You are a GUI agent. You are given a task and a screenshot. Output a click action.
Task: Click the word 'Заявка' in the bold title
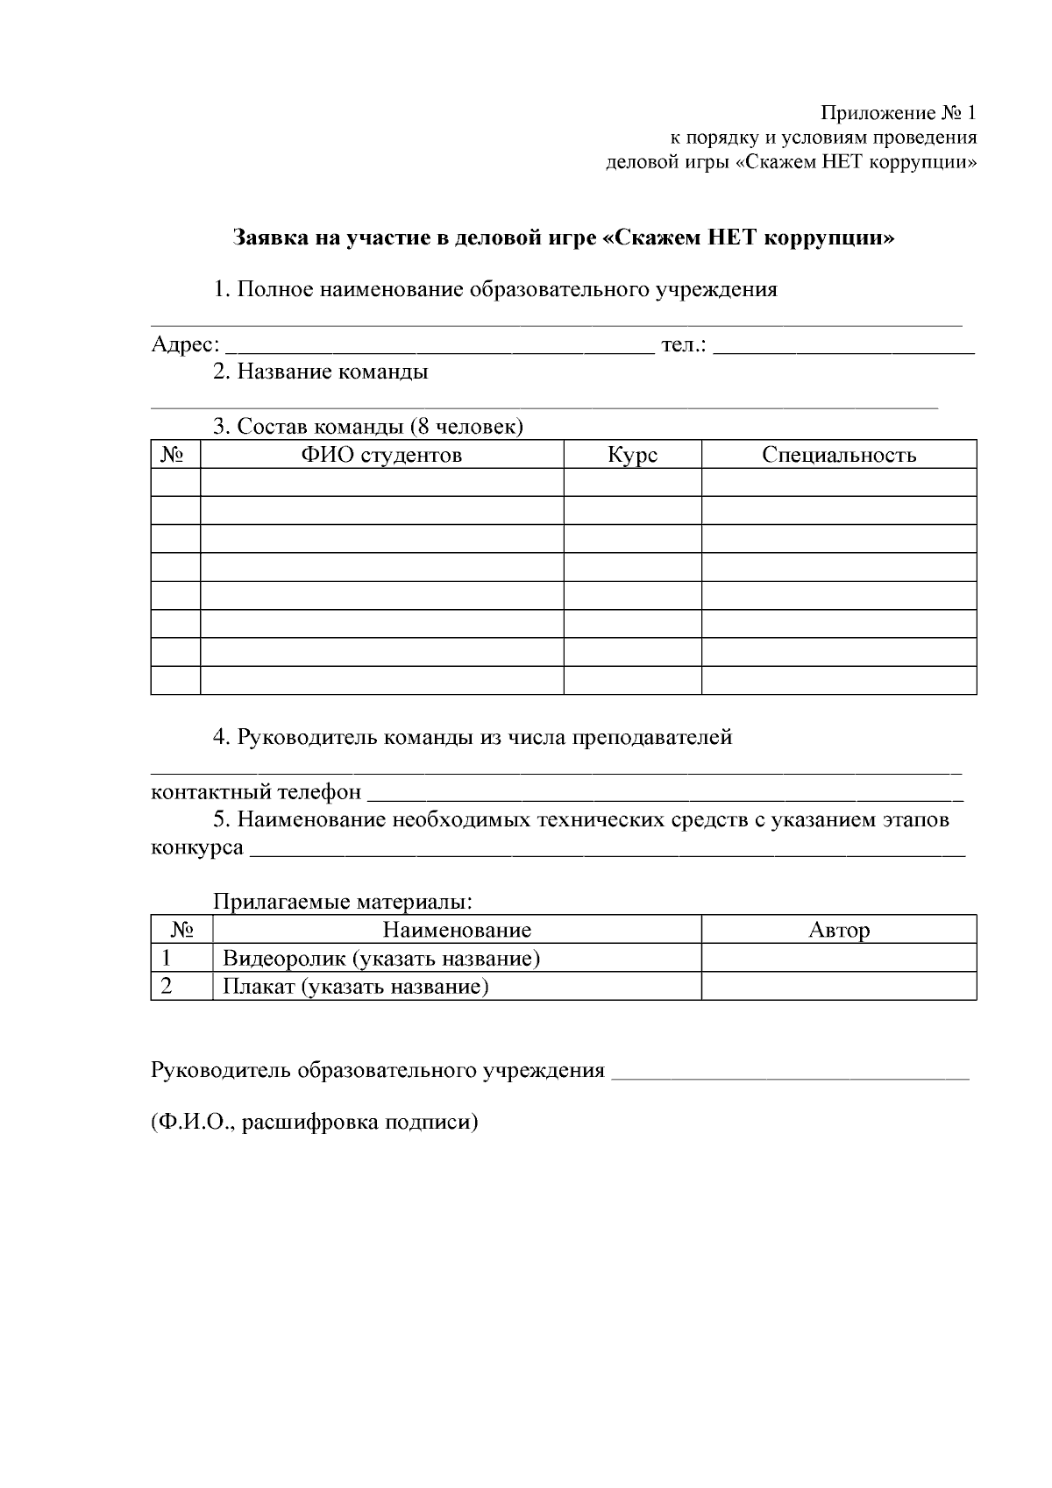268,237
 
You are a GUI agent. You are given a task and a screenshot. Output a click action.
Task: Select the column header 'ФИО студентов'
381,455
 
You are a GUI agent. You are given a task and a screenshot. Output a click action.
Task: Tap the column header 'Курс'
632,455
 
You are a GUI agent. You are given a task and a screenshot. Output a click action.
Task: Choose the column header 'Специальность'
839,455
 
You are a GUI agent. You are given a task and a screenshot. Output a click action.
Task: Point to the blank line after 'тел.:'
844,349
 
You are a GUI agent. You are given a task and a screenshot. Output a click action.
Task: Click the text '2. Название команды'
321,372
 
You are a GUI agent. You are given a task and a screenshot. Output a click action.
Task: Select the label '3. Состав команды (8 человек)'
368,427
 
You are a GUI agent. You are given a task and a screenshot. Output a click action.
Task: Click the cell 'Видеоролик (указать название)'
381,959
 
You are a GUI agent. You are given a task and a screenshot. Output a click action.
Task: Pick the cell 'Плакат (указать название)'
355,987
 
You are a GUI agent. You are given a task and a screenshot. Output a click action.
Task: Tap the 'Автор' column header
839,930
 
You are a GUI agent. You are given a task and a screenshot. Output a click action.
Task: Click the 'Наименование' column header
457,930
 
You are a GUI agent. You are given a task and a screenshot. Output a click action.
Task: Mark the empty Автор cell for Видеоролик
839,958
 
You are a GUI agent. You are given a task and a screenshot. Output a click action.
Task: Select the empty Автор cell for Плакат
839,986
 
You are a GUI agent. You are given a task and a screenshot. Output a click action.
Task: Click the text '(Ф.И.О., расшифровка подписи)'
315,1122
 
